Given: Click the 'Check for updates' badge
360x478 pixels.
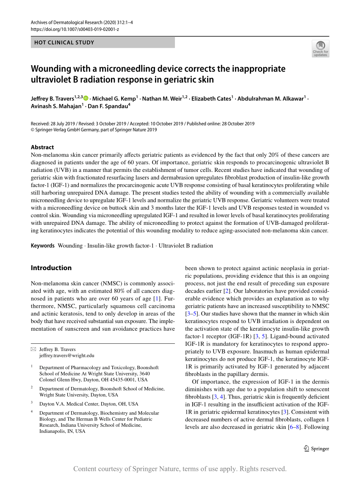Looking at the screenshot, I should (x=320, y=49).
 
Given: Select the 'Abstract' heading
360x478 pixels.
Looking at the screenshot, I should (x=42, y=147).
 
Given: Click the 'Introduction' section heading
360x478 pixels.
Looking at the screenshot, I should (x=51, y=268).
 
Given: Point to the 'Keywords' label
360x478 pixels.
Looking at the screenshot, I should (x=43, y=246).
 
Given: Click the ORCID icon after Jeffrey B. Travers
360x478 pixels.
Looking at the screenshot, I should (x=86, y=98).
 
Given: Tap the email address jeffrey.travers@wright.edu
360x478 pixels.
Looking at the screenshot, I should (x=66, y=356).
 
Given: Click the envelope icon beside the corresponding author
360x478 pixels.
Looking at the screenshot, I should (x=33, y=349).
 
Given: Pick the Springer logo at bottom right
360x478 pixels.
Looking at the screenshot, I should (x=317, y=448).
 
